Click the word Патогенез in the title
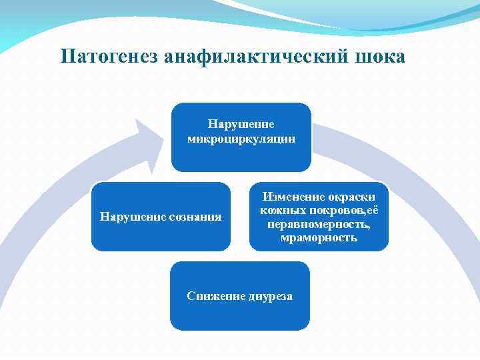pyautogui.click(x=107, y=57)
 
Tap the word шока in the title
pyautogui.click(x=379, y=57)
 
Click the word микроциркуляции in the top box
pyautogui.click(x=241, y=139)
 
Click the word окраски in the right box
pyautogui.click(x=350, y=197)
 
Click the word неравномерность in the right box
pyautogui.click(x=319, y=224)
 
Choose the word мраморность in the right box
pyautogui.click(x=319, y=237)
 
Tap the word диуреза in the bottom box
pyautogui.click(x=271, y=296)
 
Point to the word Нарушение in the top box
pyautogui.click(x=241, y=125)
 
